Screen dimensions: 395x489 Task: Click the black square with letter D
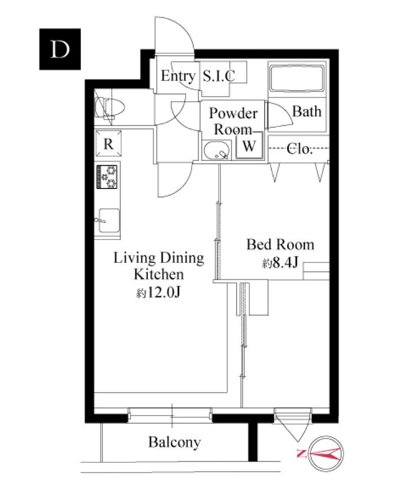point(60,49)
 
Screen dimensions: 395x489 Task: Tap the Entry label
point(178,76)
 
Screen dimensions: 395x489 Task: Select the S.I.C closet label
point(219,76)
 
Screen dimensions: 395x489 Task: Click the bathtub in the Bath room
point(297,78)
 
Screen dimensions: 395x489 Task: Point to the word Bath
point(307,111)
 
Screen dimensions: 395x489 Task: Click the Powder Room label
point(233,121)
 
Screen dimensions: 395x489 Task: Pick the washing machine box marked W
point(249,146)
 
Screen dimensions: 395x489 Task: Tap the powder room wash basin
point(216,150)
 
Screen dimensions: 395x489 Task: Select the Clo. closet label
point(299,149)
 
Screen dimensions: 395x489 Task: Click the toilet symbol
point(109,107)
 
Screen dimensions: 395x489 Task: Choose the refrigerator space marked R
point(108,143)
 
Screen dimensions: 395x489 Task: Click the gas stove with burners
point(107,177)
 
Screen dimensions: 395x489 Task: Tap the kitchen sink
point(108,221)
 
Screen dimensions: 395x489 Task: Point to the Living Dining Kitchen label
point(158,266)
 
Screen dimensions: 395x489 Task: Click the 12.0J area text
point(158,292)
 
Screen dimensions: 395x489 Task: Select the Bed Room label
point(280,244)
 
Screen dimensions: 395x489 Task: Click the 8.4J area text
point(280,263)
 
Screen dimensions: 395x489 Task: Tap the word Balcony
point(174,442)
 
